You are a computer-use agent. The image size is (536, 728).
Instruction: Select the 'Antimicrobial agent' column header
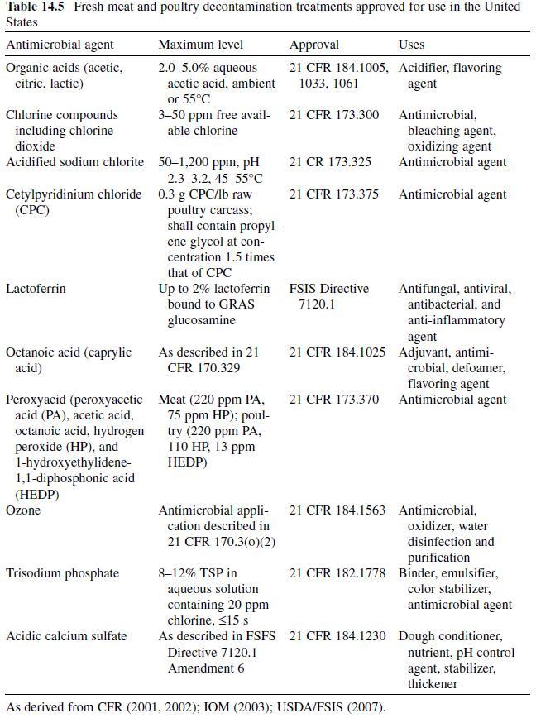click(60, 44)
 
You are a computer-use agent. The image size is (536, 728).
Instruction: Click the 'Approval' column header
click(314, 44)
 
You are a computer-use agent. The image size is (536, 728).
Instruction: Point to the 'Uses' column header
click(411, 44)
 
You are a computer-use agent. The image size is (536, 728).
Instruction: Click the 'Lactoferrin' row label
click(36, 289)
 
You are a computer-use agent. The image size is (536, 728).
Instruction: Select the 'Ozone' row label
click(23, 510)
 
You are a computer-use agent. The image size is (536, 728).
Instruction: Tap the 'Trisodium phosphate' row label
click(62, 573)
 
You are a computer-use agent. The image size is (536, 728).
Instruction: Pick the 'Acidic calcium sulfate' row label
click(66, 636)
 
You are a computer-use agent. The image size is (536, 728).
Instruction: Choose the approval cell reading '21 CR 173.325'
click(330, 162)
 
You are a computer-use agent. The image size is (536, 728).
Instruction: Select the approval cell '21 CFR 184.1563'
click(337, 510)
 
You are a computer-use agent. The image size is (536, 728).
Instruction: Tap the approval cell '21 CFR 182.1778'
click(337, 573)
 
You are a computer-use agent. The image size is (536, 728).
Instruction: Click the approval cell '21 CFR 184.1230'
click(337, 636)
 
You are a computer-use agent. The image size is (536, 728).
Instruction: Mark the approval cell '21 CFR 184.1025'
click(337, 352)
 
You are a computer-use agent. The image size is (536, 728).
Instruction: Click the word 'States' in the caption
click(22, 22)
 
